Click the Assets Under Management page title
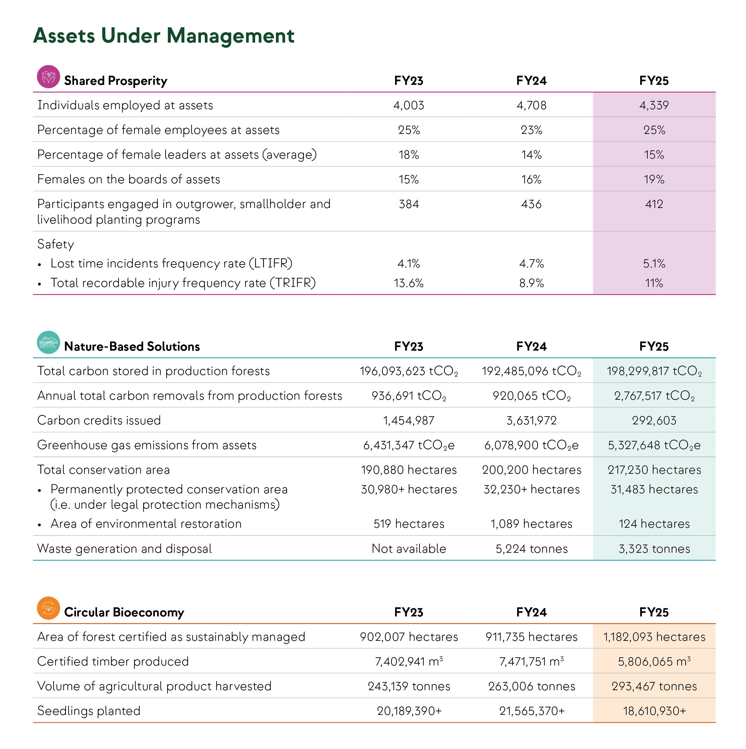pos(164,36)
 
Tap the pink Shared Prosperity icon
pos(48,76)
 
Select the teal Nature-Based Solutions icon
pos(48,342)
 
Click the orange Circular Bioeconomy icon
pos(48,608)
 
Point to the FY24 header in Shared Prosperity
pos(531,81)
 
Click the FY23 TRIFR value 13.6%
pos(409,283)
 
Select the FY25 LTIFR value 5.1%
pos(654,264)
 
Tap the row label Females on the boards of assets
pos(129,179)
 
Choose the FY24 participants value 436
pos(531,204)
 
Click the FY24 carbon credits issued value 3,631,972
pos(531,420)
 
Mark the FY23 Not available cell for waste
pos(409,549)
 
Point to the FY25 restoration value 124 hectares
pos(654,524)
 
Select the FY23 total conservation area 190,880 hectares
pos(409,470)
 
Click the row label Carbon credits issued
pos(99,420)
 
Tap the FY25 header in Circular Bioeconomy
pos(654,612)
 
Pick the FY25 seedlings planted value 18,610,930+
pos(654,711)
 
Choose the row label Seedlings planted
pos(89,711)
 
